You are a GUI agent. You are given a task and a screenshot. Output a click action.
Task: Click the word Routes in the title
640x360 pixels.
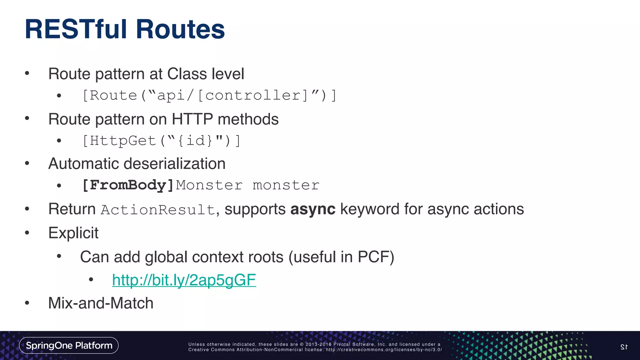[x=180, y=29]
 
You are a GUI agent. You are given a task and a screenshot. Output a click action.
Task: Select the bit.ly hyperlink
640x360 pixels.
[x=184, y=280]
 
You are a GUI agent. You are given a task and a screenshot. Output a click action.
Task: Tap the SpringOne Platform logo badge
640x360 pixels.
[x=69, y=345]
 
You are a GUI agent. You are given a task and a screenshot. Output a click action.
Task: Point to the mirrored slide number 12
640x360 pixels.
[x=624, y=347]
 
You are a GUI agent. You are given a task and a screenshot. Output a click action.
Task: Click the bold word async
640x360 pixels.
[x=313, y=209]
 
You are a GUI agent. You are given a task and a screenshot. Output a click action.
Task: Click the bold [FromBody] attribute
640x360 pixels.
[x=127, y=185]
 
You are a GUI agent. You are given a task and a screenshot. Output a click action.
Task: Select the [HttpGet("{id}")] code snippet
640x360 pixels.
[x=161, y=141]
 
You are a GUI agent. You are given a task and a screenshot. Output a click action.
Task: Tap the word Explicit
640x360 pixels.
[x=73, y=233]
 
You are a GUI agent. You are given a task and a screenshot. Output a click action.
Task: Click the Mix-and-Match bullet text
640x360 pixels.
[x=101, y=303]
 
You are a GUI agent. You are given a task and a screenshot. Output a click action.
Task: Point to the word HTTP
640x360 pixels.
[x=192, y=119]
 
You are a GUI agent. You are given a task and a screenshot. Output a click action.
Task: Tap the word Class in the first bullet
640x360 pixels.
[x=187, y=74]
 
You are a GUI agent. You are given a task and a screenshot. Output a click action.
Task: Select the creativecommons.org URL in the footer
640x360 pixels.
[x=384, y=350]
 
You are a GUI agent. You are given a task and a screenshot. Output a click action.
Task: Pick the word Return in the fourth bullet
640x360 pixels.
[x=72, y=209]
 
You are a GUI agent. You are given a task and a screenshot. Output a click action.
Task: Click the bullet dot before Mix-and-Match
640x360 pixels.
[x=27, y=303]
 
